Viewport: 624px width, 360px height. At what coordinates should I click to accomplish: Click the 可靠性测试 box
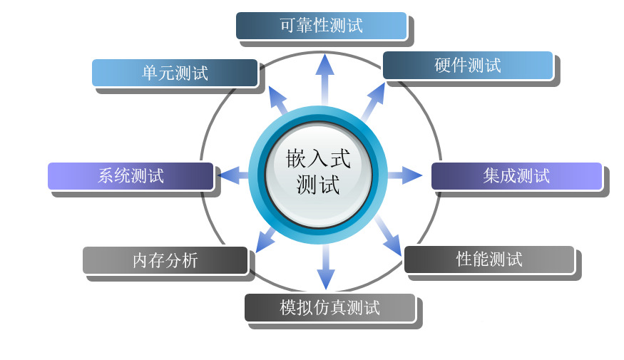coord(321,26)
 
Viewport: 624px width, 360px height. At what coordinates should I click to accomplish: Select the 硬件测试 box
coord(468,65)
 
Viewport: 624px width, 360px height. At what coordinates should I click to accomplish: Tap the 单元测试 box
coord(175,73)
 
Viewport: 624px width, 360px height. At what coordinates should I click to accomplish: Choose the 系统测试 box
coord(131,176)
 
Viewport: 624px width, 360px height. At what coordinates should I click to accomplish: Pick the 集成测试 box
coord(516,176)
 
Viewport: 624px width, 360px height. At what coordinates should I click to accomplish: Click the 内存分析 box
coord(165,260)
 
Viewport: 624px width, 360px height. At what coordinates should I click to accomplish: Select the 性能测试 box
coord(489,259)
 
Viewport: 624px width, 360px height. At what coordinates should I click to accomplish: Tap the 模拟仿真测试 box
coord(329,308)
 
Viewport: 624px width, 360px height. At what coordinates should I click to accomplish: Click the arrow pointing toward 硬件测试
coord(373,99)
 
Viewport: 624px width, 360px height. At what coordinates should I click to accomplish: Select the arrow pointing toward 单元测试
coord(277,100)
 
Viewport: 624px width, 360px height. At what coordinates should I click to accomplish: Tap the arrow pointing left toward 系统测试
coord(232,175)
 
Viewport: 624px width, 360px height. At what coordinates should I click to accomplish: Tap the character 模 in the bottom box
coord(287,308)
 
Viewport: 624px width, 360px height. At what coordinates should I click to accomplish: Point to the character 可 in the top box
coord(287,26)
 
